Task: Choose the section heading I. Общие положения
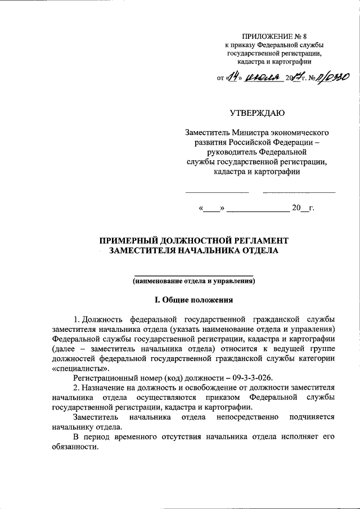pyautogui.click(x=193, y=299)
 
